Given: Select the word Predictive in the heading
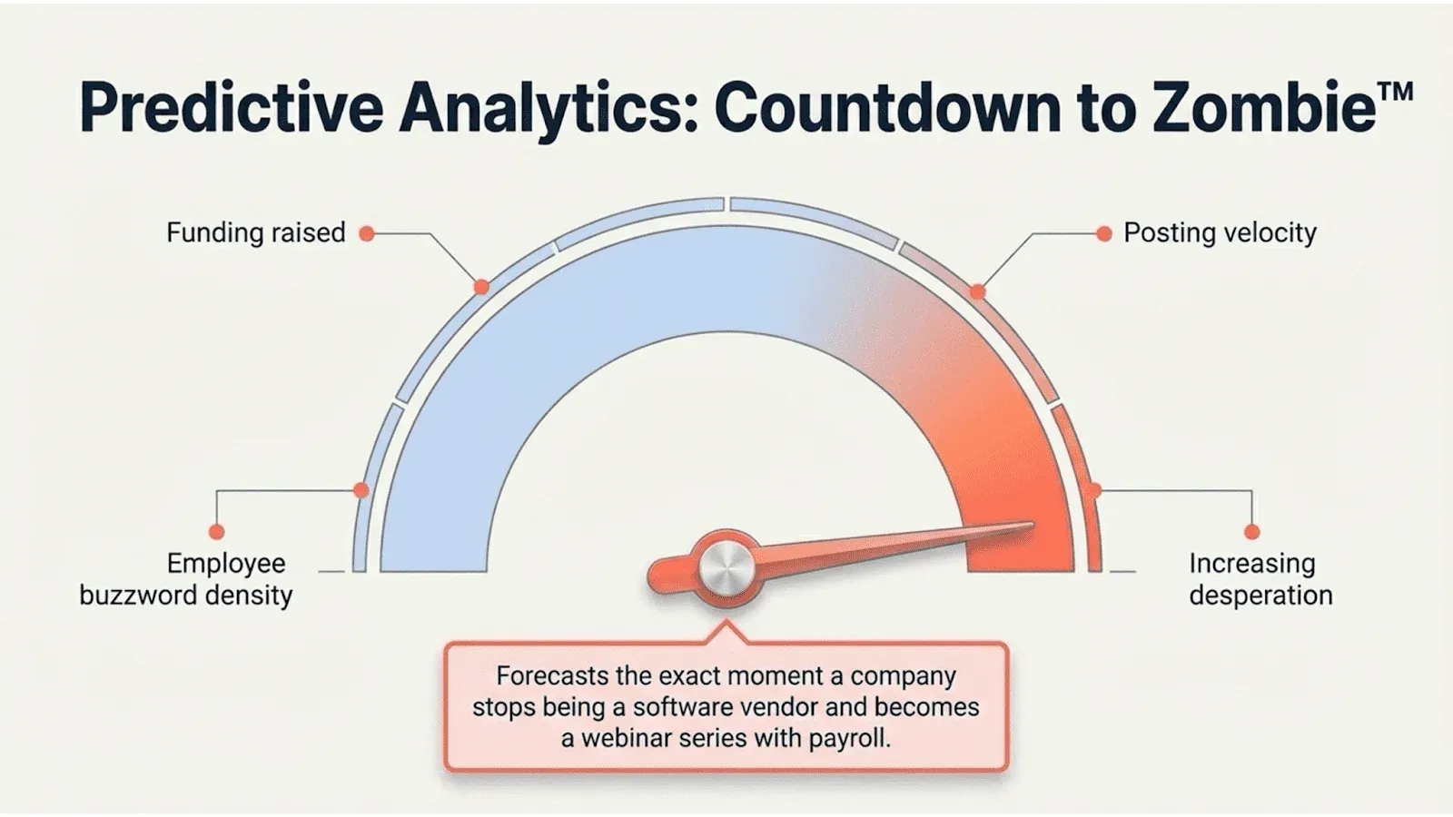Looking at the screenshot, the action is [x=232, y=107].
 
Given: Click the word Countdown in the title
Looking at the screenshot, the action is [x=886, y=107].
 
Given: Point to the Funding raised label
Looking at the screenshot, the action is [x=255, y=232].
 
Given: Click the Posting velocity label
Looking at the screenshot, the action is [x=1220, y=232].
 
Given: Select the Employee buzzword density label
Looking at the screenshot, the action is [x=186, y=579].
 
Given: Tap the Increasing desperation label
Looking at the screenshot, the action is [x=1260, y=579].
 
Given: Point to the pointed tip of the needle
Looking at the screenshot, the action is [x=1033, y=524].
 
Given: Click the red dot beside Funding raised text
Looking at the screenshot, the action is [x=367, y=233].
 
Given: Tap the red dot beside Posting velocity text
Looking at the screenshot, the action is [x=1104, y=233].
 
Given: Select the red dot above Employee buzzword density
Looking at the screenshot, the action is [x=217, y=532].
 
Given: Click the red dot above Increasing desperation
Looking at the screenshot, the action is [x=1252, y=532].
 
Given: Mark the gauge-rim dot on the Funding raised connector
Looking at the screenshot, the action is [x=481, y=287].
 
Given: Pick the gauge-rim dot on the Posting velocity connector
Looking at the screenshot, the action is [x=977, y=291].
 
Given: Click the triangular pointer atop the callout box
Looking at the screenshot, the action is [x=726, y=633].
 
